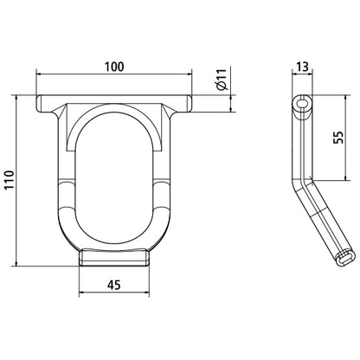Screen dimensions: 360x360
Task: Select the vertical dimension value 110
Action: point(9,180)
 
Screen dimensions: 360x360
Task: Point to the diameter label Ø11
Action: point(221,85)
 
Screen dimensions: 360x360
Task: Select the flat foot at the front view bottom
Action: point(118,257)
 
